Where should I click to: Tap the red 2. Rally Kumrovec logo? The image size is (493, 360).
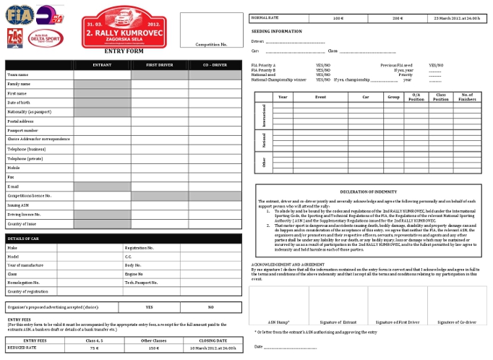point(123,29)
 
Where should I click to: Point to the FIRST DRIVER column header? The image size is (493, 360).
point(159,65)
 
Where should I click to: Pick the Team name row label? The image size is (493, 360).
point(18,74)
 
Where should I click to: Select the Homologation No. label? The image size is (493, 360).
point(23,283)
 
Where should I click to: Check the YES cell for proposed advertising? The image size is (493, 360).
point(148,307)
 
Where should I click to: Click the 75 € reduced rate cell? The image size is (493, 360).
point(94,347)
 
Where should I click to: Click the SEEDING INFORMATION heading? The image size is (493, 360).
point(277,32)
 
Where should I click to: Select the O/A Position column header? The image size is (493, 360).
point(416,97)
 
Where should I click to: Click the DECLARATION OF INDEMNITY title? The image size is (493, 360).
point(365,192)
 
